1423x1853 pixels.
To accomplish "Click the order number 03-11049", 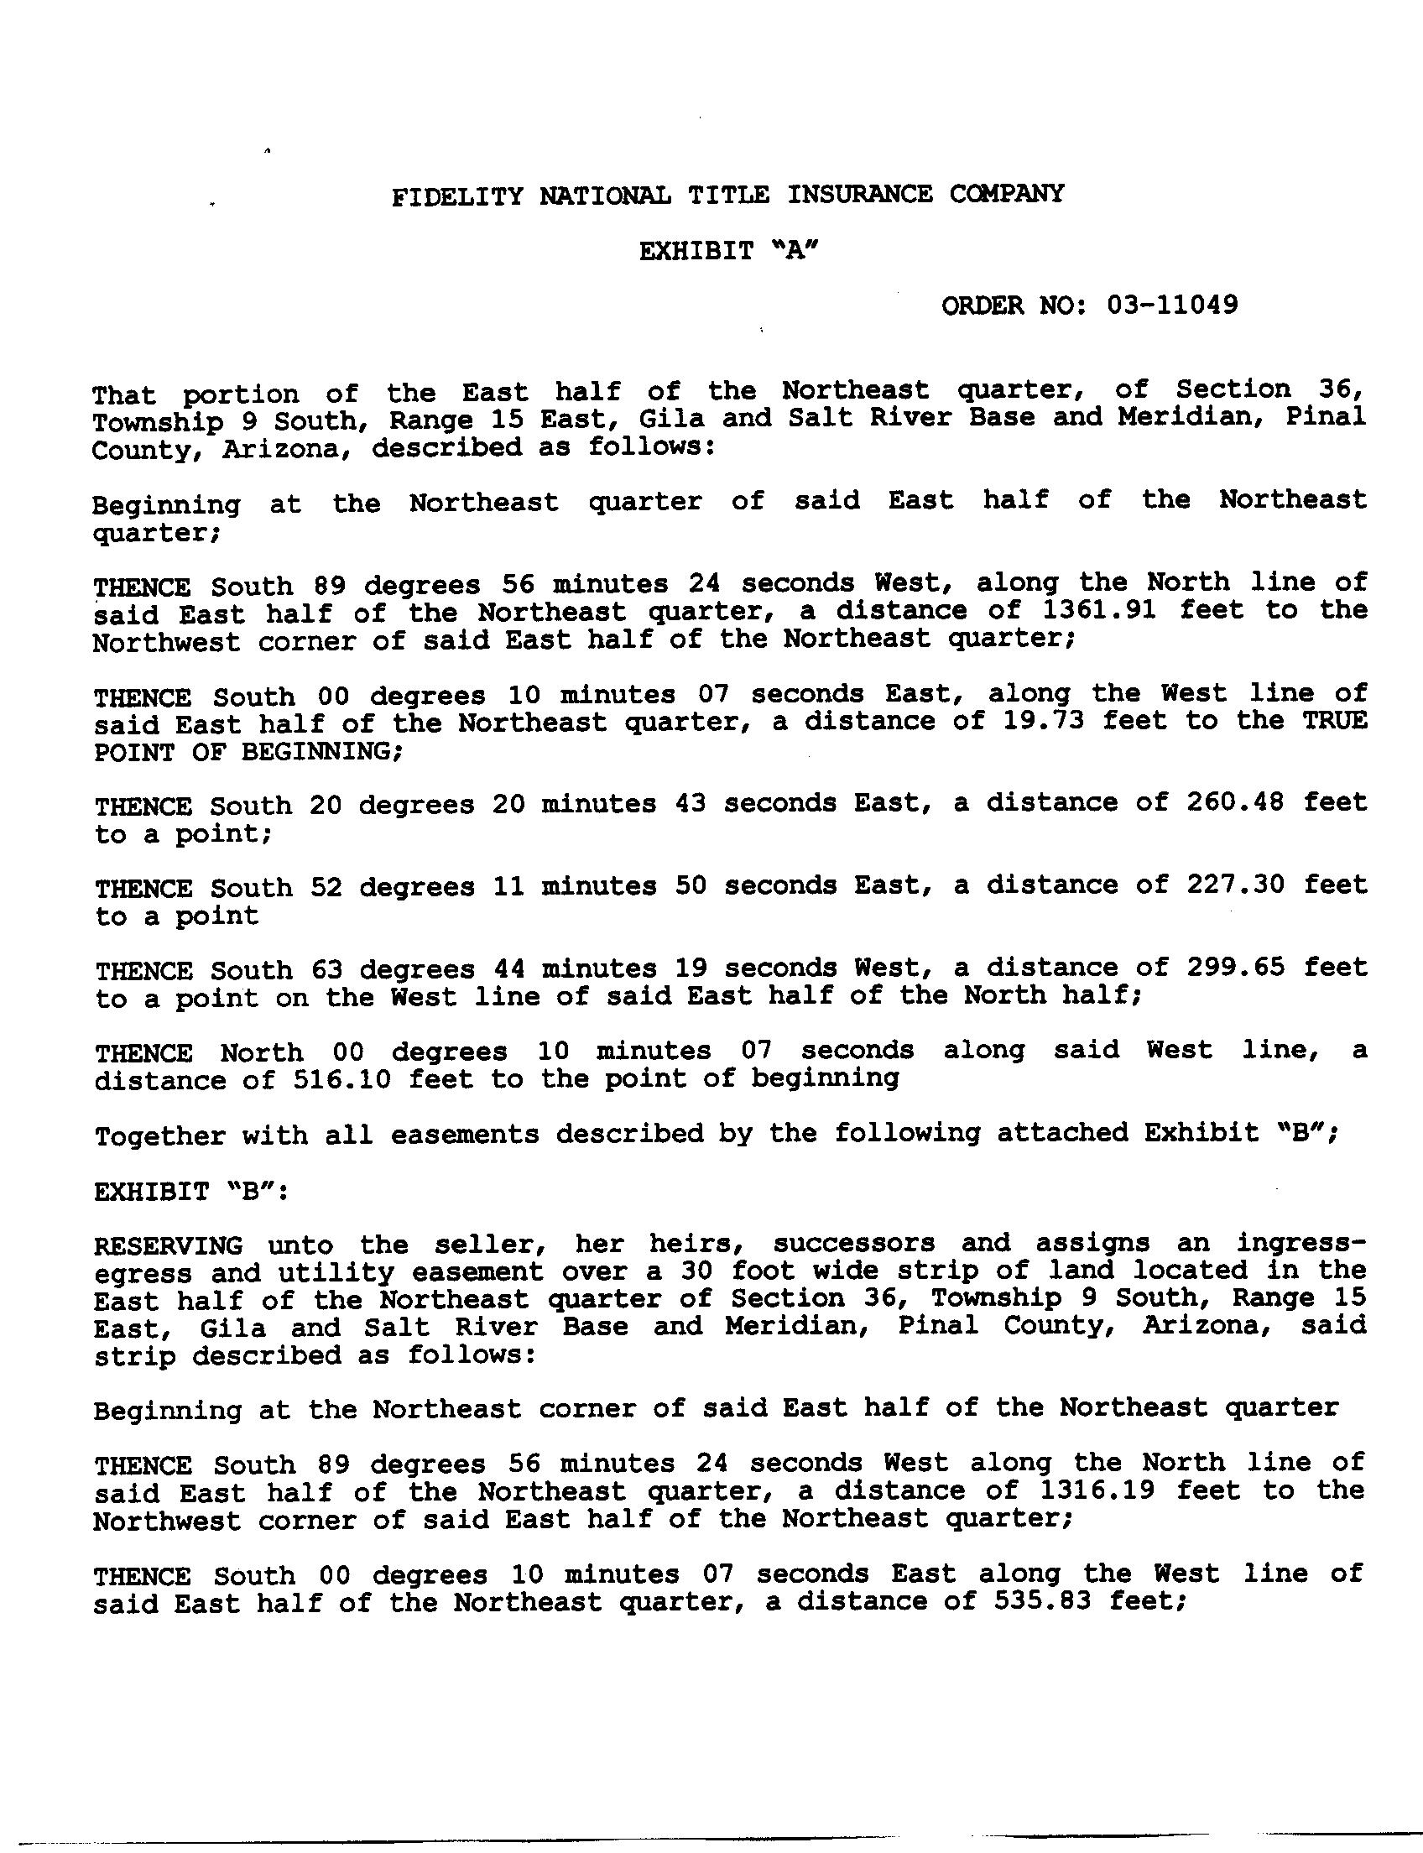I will (1172, 304).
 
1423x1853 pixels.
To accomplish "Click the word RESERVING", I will (169, 1245).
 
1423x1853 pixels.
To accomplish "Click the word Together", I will (160, 1135).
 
